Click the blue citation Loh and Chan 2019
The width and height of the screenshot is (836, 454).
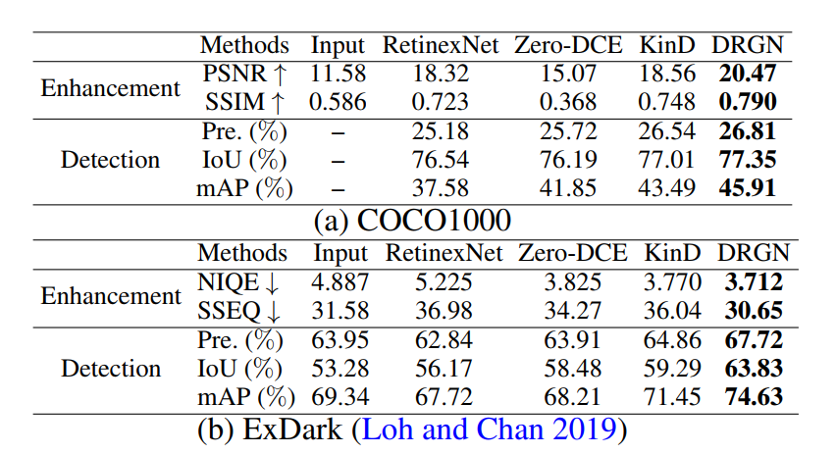tap(488, 429)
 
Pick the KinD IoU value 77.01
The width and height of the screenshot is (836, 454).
tap(667, 159)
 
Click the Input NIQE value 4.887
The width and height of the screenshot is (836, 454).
tap(340, 283)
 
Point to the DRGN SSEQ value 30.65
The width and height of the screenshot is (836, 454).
tap(753, 312)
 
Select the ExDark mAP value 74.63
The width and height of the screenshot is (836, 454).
tap(753, 397)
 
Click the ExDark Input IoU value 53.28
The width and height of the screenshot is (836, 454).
tap(340, 369)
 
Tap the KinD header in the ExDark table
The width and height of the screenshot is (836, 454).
tap(673, 253)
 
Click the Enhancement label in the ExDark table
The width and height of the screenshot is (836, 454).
tap(110, 297)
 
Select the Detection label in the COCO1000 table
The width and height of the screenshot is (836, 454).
tap(110, 159)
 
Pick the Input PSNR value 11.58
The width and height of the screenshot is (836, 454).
tap(338, 74)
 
